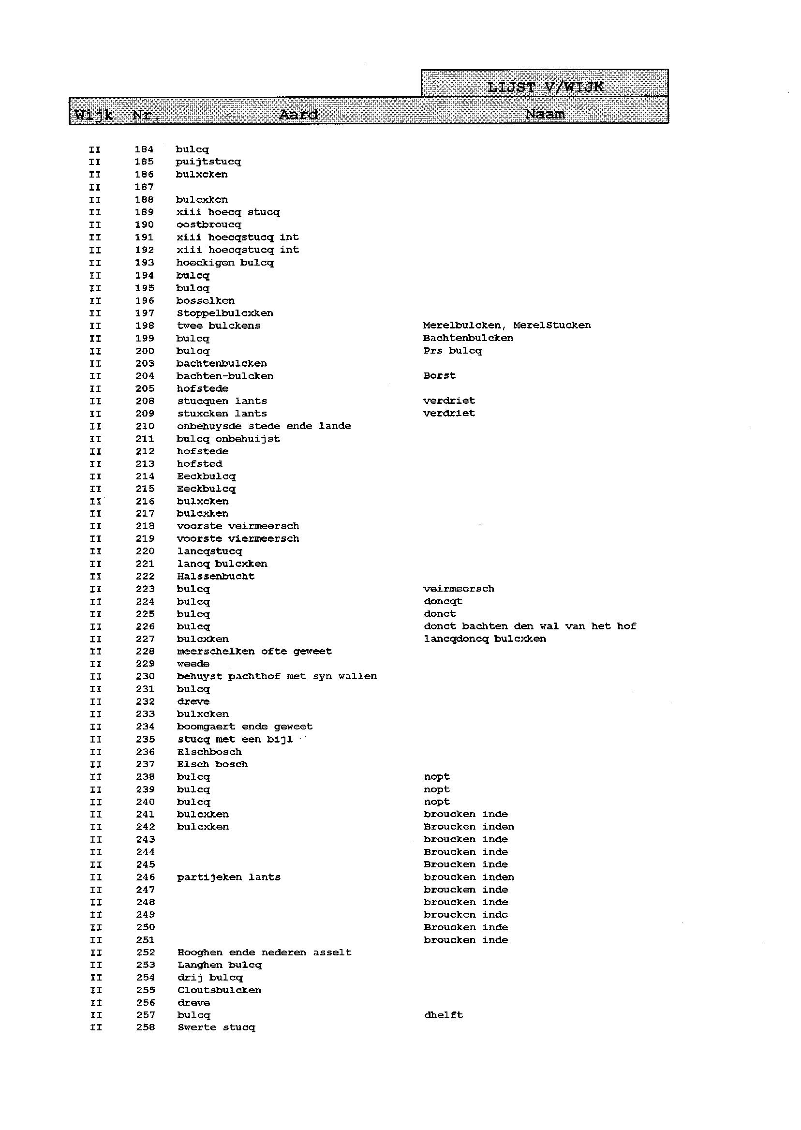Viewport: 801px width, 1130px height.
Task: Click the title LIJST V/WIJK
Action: (545, 87)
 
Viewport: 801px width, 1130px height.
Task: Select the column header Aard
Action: (298, 115)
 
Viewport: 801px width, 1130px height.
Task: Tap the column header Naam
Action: (545, 114)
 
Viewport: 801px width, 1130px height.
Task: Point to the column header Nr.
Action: (146, 116)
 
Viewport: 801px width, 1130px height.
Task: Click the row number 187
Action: (144, 187)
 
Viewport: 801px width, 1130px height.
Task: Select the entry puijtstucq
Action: (208, 162)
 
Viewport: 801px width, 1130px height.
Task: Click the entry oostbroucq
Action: (208, 225)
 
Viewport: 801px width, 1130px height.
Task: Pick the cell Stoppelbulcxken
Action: (225, 313)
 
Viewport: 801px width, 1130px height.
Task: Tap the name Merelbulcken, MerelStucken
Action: (506, 326)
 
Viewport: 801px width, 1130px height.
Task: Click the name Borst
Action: (439, 376)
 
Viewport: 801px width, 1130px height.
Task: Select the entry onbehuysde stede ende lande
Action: (264, 426)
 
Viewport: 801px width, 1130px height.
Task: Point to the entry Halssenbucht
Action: (216, 576)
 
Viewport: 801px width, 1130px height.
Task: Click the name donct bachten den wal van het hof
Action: (530, 626)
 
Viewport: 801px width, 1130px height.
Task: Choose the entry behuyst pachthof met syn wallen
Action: (277, 676)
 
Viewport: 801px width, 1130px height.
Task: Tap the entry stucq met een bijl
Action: (235, 739)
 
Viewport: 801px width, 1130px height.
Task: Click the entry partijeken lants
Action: (229, 877)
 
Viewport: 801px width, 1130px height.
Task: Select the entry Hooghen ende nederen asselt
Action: (265, 952)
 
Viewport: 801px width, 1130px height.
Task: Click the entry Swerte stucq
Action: (217, 1027)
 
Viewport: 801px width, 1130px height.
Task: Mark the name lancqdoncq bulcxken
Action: (484, 639)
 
